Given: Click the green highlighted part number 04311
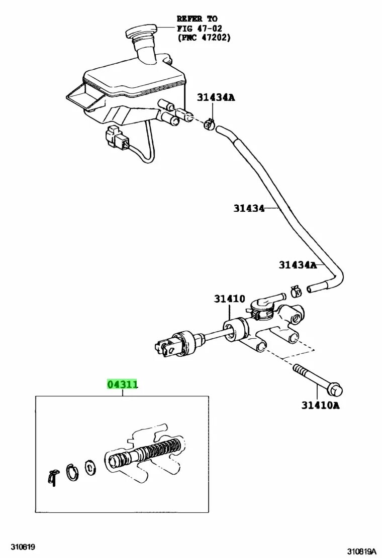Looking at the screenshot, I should click(x=122, y=385).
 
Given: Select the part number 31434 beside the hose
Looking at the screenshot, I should click(x=249, y=208).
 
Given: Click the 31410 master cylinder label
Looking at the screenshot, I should click(x=229, y=299).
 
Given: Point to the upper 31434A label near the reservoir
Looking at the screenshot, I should click(x=216, y=97).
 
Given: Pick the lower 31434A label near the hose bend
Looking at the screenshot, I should click(x=298, y=264).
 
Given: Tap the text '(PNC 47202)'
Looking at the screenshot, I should click(x=204, y=38).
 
